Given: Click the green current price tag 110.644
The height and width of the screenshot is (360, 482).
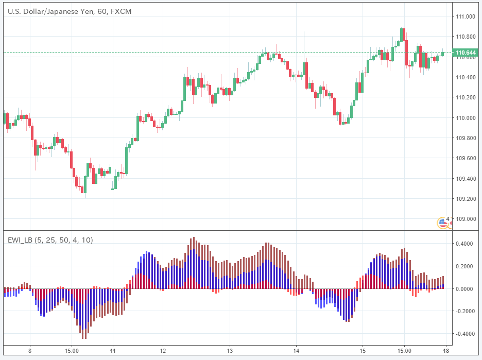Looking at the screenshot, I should click(x=465, y=53).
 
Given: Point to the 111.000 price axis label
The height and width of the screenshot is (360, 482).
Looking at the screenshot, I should click(x=465, y=16).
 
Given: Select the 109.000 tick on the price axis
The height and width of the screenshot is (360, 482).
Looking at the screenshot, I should click(x=465, y=219).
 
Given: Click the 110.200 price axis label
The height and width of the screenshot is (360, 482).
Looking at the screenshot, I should click(x=465, y=97).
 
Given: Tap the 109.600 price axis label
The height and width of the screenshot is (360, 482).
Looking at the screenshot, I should click(x=465, y=158).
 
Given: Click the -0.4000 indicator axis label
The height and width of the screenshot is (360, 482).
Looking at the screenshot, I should click(x=464, y=334).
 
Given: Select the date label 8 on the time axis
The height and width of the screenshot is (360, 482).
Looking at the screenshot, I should click(x=30, y=350).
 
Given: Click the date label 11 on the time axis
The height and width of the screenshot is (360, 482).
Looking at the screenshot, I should click(x=112, y=350).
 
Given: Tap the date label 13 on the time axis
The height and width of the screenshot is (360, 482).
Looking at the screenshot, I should click(x=230, y=350).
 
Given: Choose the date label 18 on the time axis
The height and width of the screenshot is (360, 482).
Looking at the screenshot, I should click(x=445, y=350).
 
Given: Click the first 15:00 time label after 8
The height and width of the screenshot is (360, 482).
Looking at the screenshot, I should click(x=72, y=350).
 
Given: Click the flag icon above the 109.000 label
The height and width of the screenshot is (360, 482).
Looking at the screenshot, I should click(x=442, y=222).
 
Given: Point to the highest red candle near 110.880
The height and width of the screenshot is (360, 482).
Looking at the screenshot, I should click(x=404, y=35).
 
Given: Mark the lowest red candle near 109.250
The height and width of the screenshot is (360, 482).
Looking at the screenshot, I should click(x=83, y=190).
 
